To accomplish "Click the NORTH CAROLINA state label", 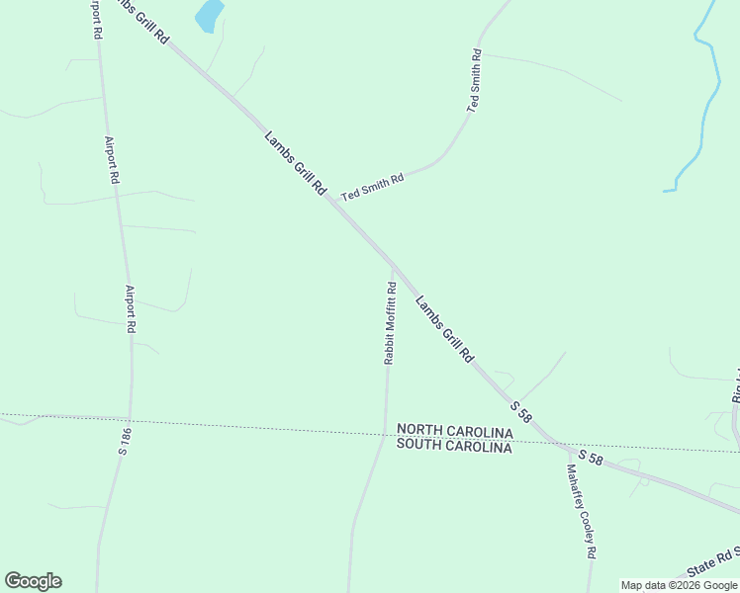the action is pyautogui.click(x=454, y=432).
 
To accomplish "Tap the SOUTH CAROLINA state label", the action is pyautogui.click(x=454, y=446).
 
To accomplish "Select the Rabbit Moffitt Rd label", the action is pyautogui.click(x=390, y=323).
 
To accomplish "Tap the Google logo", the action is pyautogui.click(x=33, y=581).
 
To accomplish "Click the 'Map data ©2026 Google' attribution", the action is pyautogui.click(x=679, y=585).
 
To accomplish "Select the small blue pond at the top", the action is pyautogui.click(x=209, y=16).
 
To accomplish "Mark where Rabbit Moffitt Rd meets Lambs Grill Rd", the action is pyautogui.click(x=393, y=265).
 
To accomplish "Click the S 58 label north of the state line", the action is pyautogui.click(x=521, y=412).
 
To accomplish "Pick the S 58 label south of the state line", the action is pyautogui.click(x=591, y=458).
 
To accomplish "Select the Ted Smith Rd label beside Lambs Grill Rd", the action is pyautogui.click(x=373, y=187).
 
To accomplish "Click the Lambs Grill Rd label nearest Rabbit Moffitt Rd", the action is pyautogui.click(x=444, y=330).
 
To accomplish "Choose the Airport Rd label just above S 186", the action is pyautogui.click(x=130, y=308).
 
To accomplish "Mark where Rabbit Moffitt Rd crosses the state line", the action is pyautogui.click(x=383, y=433).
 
